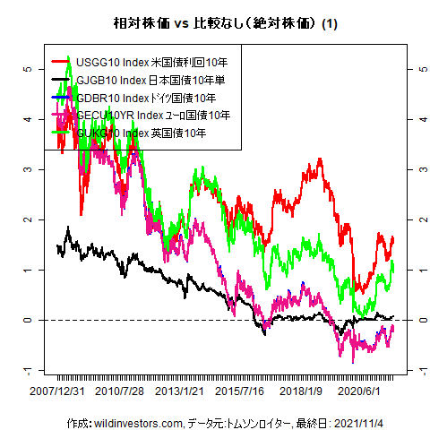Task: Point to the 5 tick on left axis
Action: (30, 68)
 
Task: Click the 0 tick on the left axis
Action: (30, 320)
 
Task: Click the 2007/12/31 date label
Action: (58, 391)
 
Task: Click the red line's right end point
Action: (393, 236)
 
